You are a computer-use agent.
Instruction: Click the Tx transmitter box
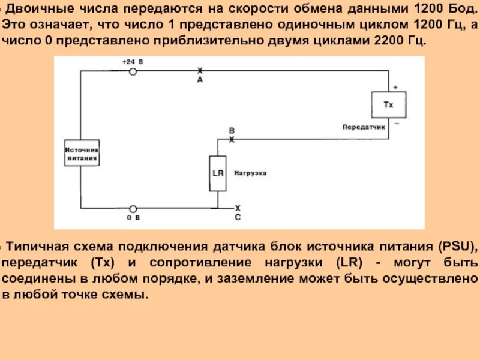coord(388,105)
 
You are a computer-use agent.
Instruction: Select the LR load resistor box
coord(218,173)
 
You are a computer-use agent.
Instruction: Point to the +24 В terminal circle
coord(133,71)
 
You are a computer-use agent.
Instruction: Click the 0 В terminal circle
coord(133,208)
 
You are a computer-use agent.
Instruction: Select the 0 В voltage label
coord(133,218)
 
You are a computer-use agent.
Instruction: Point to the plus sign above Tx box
coord(395,88)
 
